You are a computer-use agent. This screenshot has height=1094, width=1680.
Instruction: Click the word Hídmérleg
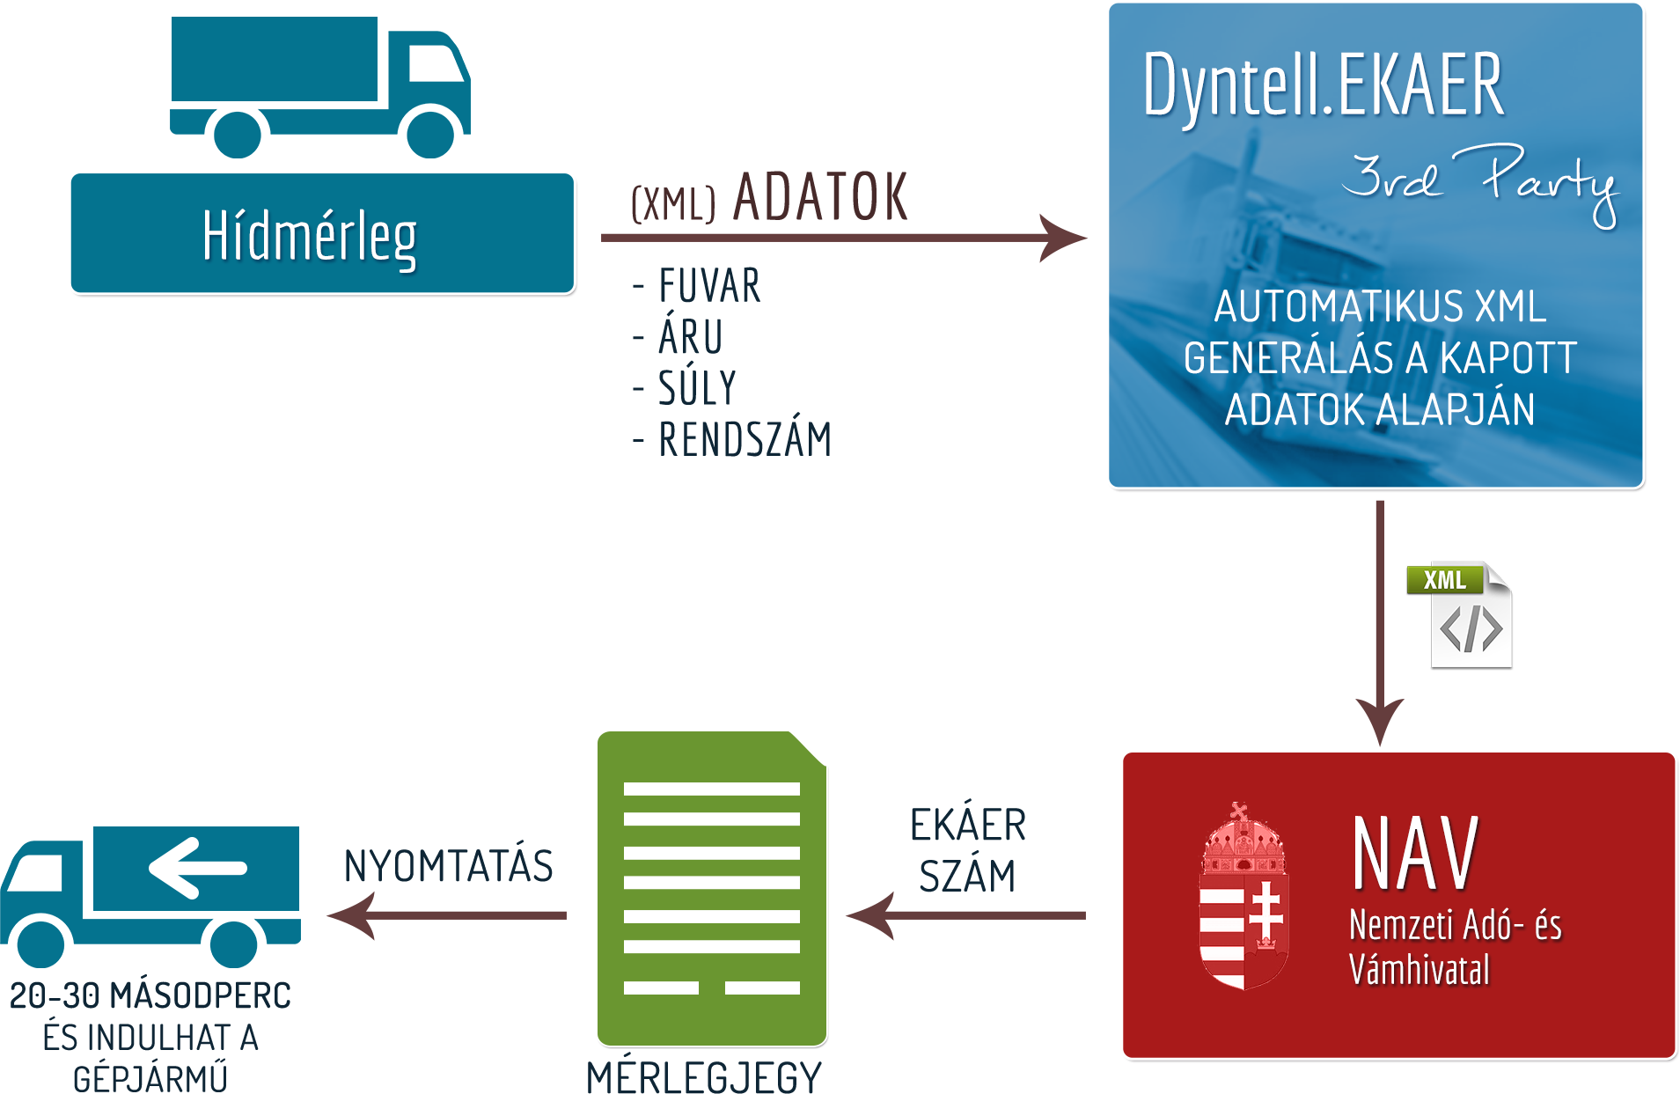pos(309,236)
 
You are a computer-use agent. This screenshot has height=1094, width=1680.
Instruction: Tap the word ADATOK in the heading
pos(818,197)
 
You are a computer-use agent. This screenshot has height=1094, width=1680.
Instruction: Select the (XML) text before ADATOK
pos(675,204)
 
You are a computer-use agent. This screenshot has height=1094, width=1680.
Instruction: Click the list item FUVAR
pos(709,286)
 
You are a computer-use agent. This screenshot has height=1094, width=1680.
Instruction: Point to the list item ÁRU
pos(691,337)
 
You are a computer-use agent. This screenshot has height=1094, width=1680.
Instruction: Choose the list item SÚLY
pos(697,388)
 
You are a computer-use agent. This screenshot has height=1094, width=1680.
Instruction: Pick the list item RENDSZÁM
pos(745,438)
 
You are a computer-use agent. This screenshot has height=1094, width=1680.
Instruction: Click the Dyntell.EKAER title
pos(1323,85)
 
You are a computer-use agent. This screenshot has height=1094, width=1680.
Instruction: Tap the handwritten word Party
pos(1549,180)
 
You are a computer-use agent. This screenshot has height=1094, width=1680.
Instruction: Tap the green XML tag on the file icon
pos(1444,580)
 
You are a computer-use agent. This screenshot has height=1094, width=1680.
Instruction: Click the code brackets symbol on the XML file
pos(1471,629)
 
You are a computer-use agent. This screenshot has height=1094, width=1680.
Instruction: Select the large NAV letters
pos(1415,853)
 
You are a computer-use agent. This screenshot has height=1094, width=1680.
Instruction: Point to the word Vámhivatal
pos(1420,970)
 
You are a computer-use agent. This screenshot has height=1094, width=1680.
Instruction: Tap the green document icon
pos(711,887)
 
